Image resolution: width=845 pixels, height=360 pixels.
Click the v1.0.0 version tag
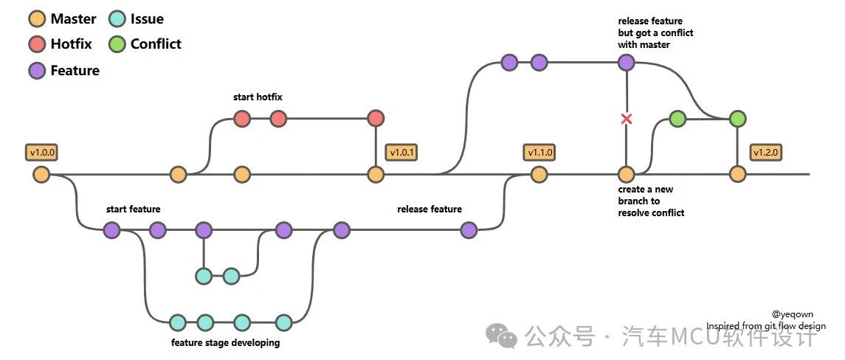coord(41,153)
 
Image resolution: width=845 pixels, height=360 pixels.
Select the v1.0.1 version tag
coord(402,153)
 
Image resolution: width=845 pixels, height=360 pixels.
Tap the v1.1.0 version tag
coord(539,153)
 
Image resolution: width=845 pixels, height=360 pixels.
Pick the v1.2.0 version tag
coord(767,153)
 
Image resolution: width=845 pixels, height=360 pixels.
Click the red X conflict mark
coord(627,119)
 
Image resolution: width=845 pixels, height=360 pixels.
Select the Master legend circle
coord(38,19)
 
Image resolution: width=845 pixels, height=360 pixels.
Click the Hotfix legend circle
coord(38,44)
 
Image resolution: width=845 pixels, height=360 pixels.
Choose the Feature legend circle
coord(38,71)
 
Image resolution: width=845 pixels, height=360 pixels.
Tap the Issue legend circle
coord(117,19)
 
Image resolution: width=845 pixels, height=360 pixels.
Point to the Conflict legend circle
coord(117,44)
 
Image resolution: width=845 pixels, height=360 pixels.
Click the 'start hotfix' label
coord(258,97)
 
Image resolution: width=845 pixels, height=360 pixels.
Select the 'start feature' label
coord(133,210)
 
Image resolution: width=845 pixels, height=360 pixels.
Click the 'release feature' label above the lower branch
coord(429,210)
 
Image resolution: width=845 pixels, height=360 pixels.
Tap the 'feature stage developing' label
coord(225,342)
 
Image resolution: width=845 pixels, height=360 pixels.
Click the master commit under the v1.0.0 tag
coord(41,175)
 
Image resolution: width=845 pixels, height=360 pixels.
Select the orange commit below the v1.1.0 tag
coord(539,175)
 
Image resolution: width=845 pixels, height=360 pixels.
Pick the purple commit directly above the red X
coord(627,63)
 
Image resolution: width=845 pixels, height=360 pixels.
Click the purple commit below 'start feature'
coord(112,231)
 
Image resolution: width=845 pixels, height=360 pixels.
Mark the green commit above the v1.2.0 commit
coord(737,119)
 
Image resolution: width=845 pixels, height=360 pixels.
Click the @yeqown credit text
coord(792,314)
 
